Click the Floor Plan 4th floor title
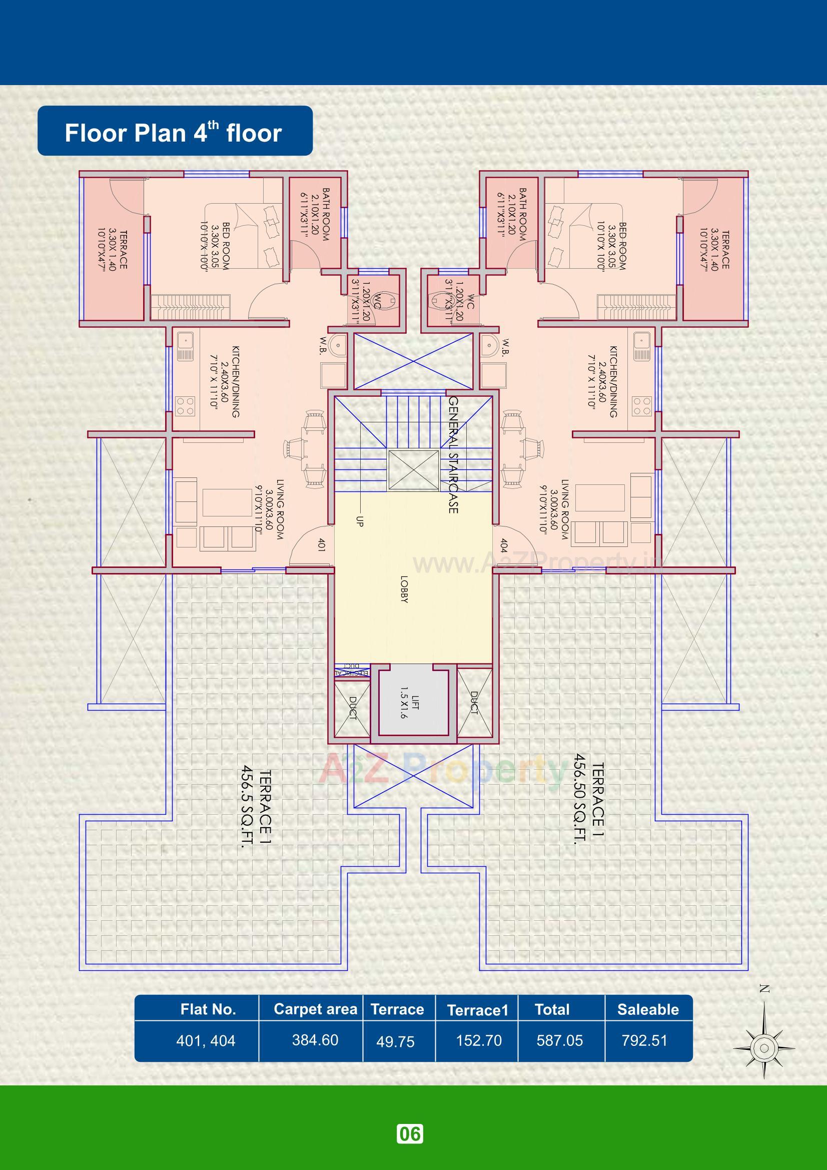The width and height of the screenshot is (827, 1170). click(173, 133)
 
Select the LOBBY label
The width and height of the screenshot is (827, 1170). click(404, 589)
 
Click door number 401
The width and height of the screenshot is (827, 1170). click(321, 544)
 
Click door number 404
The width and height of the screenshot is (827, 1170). click(503, 545)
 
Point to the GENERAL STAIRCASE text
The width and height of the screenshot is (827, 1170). click(453, 454)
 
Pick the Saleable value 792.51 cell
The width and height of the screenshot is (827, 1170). click(644, 1040)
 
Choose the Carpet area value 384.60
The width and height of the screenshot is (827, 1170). click(315, 1040)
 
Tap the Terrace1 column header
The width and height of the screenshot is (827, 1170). click(477, 1010)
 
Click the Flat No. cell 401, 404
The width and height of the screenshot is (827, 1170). click(206, 1040)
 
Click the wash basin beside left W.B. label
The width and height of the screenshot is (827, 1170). click(337, 346)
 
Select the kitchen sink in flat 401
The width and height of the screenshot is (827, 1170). click(184, 346)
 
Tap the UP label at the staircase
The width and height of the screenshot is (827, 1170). click(359, 521)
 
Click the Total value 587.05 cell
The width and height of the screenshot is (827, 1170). click(559, 1040)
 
